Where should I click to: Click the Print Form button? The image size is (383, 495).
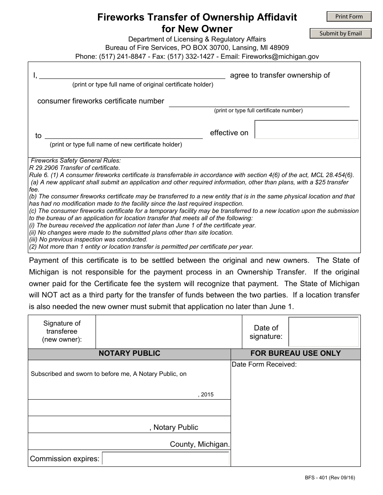[x=349, y=16]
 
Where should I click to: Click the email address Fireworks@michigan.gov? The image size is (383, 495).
[x=280, y=56]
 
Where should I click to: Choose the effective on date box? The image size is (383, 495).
[x=306, y=130]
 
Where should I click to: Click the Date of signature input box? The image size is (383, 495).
[x=324, y=332]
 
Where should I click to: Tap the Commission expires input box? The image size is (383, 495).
[x=166, y=459]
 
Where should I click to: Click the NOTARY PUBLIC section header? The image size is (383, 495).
[x=129, y=353]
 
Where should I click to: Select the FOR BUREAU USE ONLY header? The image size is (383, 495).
[x=296, y=353]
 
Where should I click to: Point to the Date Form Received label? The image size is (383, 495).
[x=264, y=365]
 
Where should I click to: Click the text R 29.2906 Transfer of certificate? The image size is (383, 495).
[x=75, y=168]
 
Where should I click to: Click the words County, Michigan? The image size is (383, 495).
[x=200, y=444]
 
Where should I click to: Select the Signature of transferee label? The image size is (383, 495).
[x=62, y=331]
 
